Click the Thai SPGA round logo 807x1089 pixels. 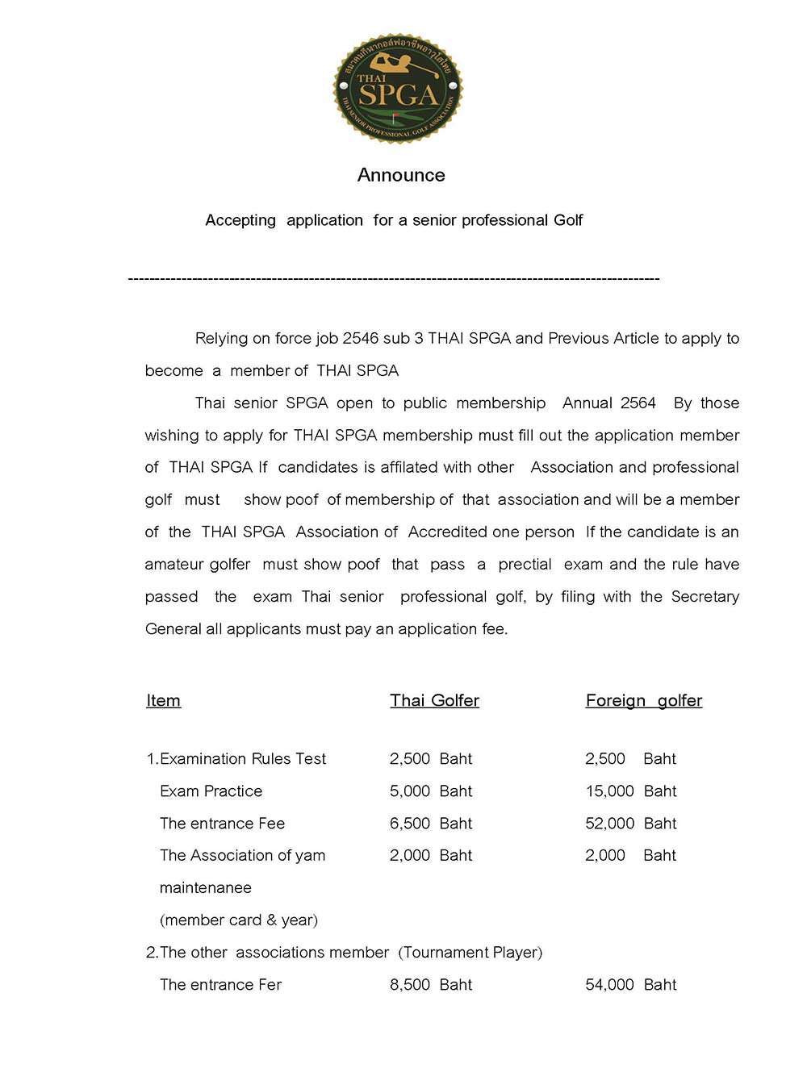(398, 89)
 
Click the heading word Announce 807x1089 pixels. (401, 175)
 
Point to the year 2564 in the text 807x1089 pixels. (638, 403)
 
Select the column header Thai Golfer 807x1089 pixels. (434, 700)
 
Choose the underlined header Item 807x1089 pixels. (163, 700)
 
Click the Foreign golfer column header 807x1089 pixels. (643, 700)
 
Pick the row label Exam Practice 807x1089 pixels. (211, 791)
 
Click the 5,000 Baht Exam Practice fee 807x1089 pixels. (430, 791)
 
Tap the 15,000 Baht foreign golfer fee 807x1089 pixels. (630, 791)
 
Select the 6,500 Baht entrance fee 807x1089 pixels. (430, 824)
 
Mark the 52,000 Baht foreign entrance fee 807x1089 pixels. (630, 824)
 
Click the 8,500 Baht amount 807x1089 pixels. (430, 985)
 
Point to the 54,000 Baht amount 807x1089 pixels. (630, 985)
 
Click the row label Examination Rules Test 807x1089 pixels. (242, 759)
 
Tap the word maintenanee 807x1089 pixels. (205, 888)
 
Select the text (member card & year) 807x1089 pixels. (238, 920)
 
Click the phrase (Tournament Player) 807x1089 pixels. (470, 953)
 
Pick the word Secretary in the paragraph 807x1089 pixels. (705, 597)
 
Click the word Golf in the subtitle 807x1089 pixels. (568, 220)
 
